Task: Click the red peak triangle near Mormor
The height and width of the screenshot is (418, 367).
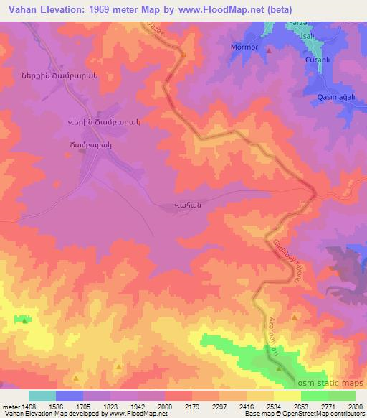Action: (269, 51)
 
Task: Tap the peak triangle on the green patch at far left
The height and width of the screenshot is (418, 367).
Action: (25, 321)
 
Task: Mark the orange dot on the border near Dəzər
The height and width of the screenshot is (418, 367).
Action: (183, 54)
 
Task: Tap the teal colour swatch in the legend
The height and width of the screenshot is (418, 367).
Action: (42, 396)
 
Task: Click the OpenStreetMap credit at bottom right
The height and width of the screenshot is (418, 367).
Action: (341, 414)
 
